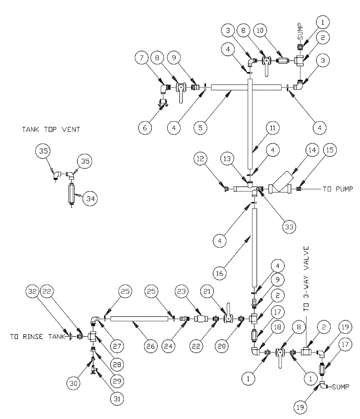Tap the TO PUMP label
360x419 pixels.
click(x=337, y=189)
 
